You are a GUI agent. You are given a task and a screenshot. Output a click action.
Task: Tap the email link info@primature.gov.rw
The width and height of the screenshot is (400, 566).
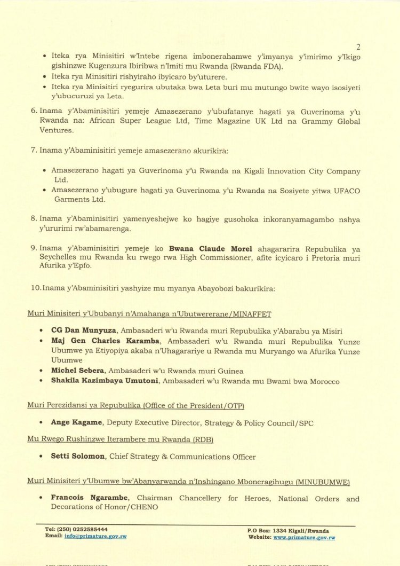tap(95, 536)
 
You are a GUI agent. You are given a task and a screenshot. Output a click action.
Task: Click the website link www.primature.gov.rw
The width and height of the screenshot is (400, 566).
tap(304, 537)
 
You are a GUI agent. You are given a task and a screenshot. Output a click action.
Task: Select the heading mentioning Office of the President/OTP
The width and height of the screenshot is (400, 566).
tap(135, 406)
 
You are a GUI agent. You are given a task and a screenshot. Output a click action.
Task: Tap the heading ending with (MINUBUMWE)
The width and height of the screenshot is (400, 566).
tap(188, 481)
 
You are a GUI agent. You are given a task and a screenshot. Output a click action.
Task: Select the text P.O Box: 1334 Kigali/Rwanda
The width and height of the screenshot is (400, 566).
tap(288, 531)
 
